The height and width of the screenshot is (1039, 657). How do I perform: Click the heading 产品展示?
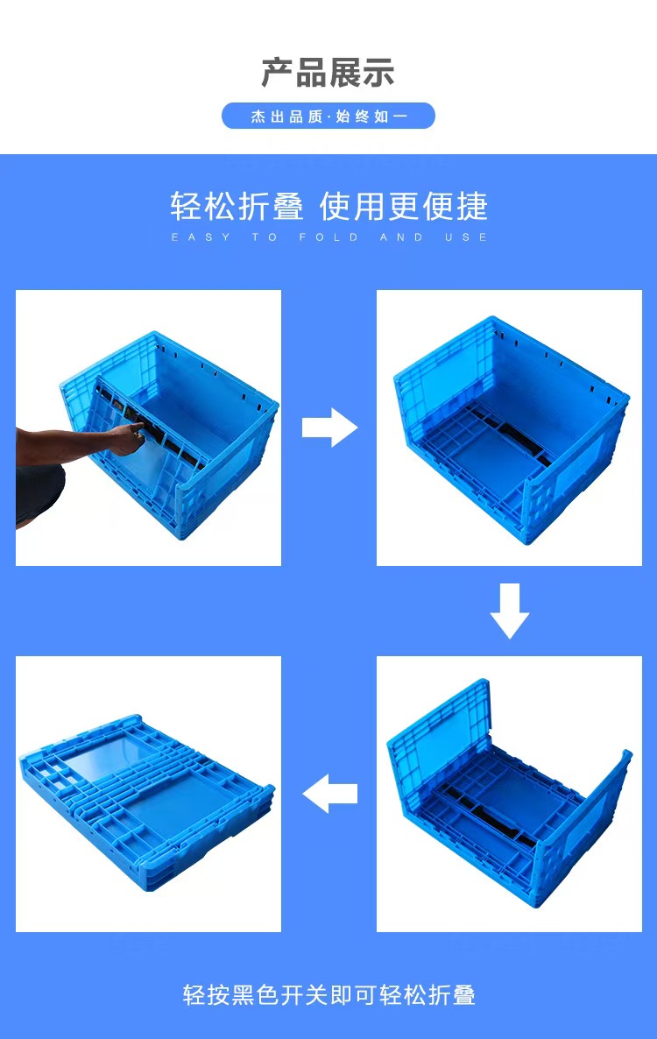pyautogui.click(x=328, y=72)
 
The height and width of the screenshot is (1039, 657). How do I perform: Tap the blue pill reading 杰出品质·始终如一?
pyautogui.click(x=328, y=116)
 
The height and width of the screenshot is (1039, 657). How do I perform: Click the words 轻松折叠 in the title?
pyautogui.click(x=237, y=206)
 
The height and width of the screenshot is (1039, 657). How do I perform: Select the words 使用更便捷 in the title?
pyautogui.click(x=404, y=206)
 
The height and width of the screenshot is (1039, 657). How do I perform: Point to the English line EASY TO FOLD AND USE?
pyautogui.click(x=329, y=237)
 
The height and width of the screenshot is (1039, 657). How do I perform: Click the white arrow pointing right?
pyautogui.click(x=330, y=428)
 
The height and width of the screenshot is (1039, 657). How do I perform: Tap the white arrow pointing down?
pyautogui.click(x=509, y=611)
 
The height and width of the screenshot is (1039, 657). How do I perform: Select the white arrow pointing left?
pyautogui.click(x=330, y=793)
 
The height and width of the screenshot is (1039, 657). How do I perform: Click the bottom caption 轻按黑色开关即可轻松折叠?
pyautogui.click(x=329, y=994)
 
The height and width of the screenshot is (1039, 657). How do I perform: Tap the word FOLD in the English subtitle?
pyautogui.click(x=328, y=237)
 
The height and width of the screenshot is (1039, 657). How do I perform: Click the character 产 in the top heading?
pyautogui.click(x=277, y=72)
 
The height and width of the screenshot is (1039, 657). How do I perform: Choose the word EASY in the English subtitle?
pyautogui.click(x=201, y=237)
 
